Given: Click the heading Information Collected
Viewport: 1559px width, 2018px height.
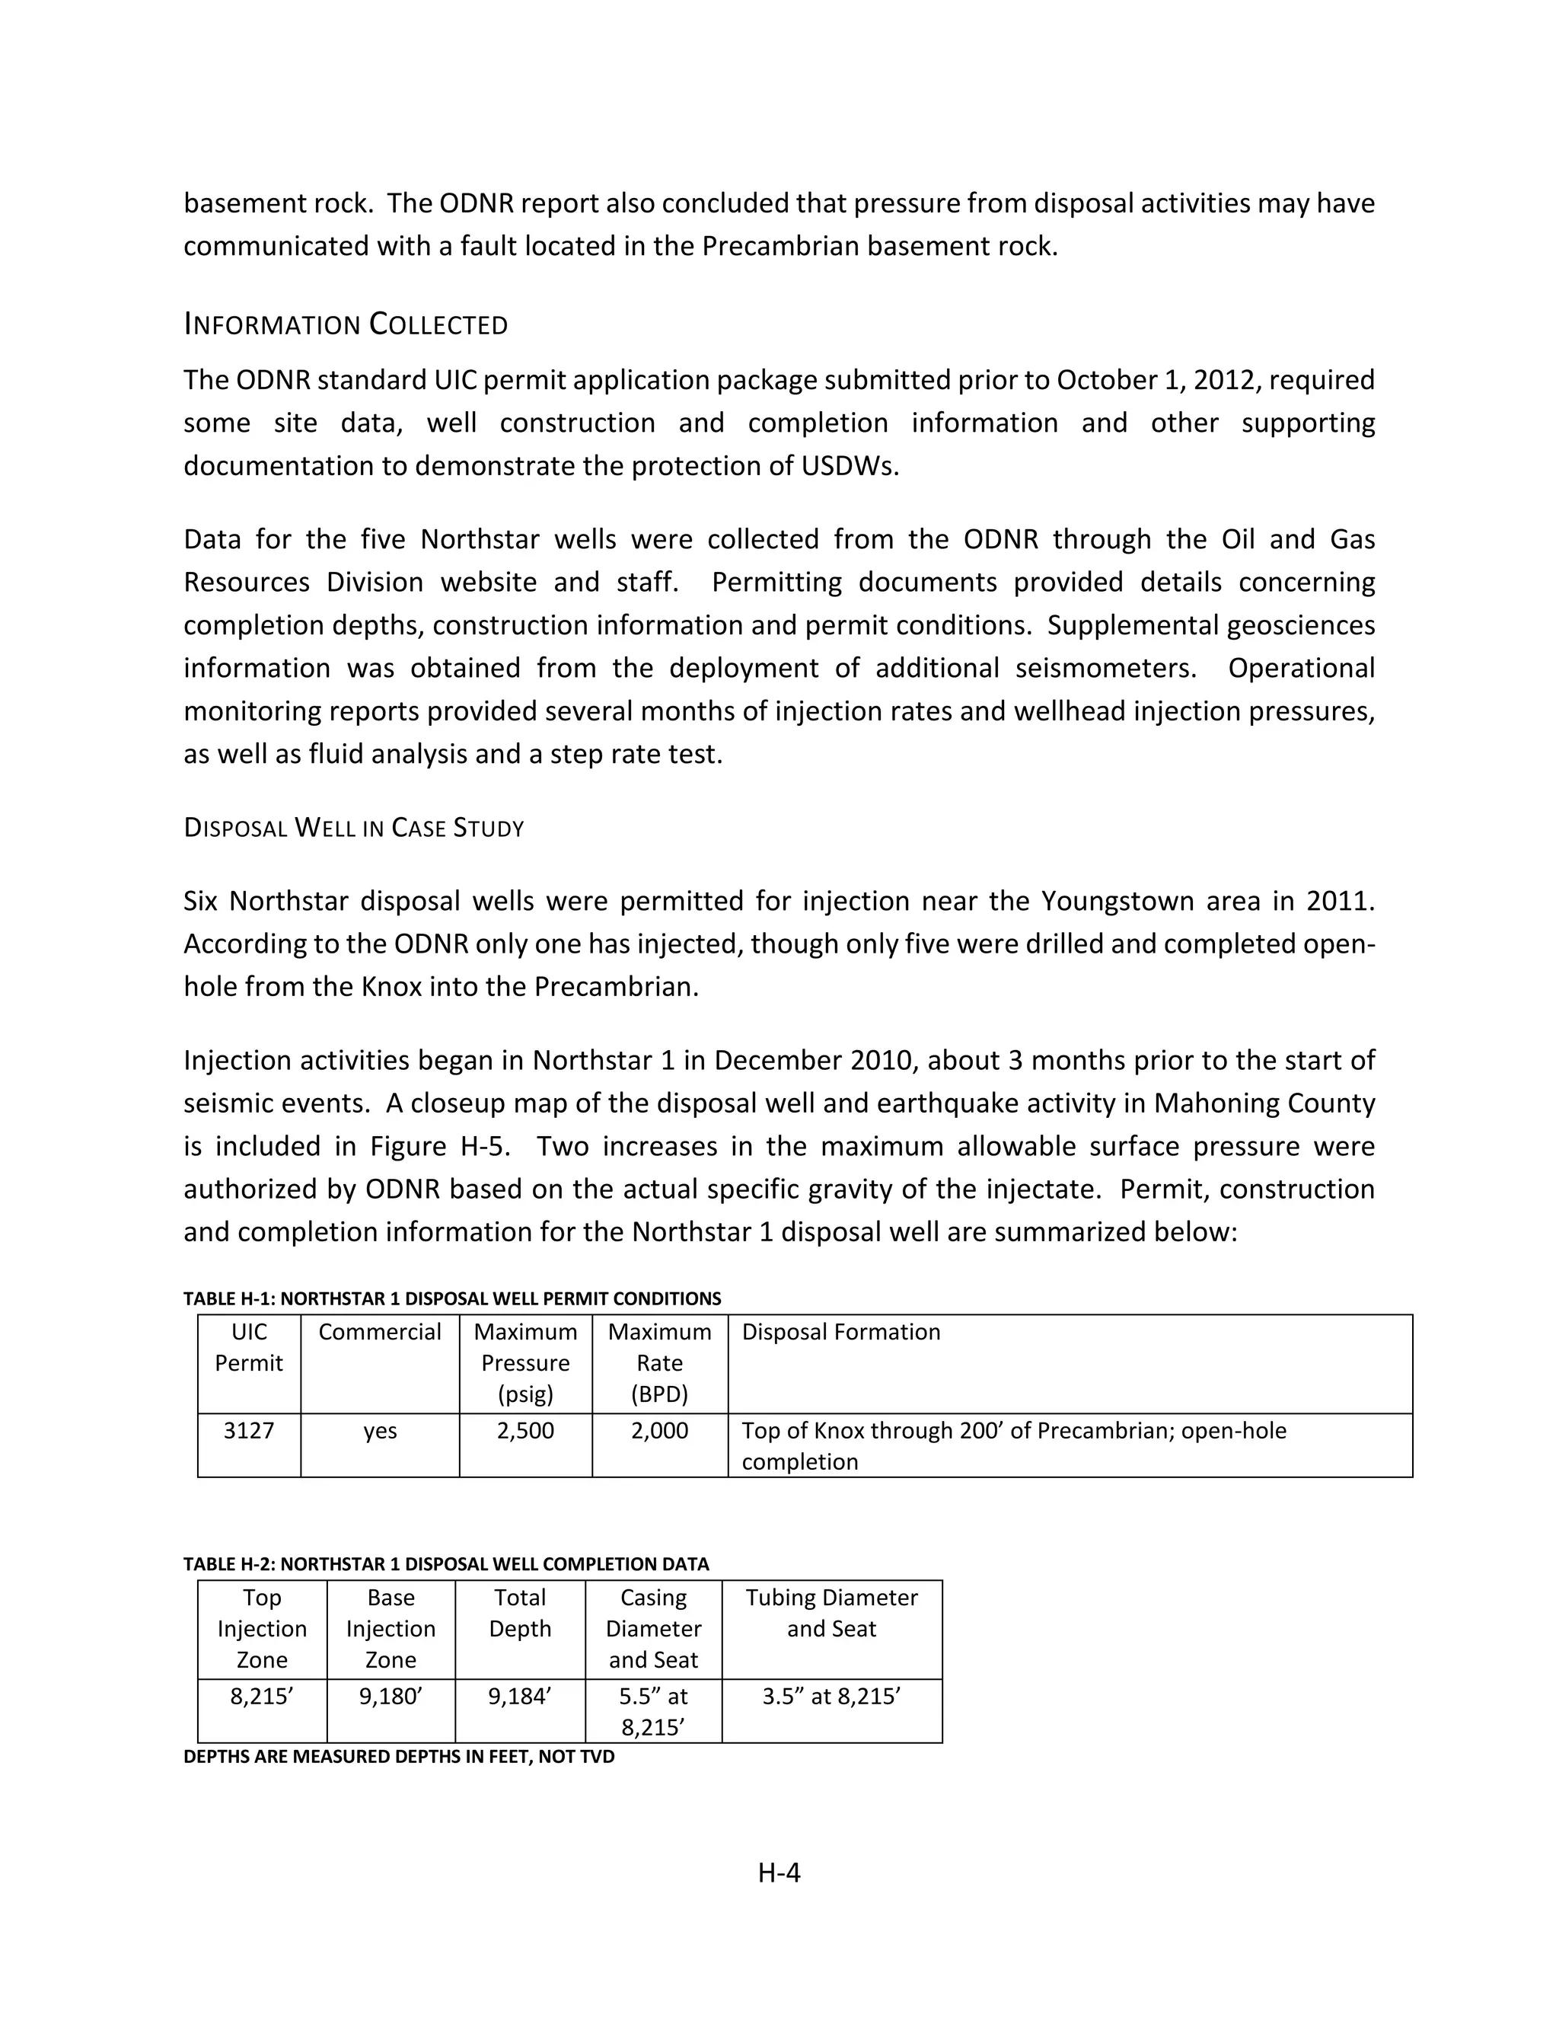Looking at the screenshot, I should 346,324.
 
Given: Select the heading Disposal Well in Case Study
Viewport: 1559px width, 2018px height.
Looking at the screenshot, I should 354,827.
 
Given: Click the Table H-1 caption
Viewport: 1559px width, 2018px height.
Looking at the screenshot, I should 451,1298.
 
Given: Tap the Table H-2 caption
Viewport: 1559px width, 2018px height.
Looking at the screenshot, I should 446,1563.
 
